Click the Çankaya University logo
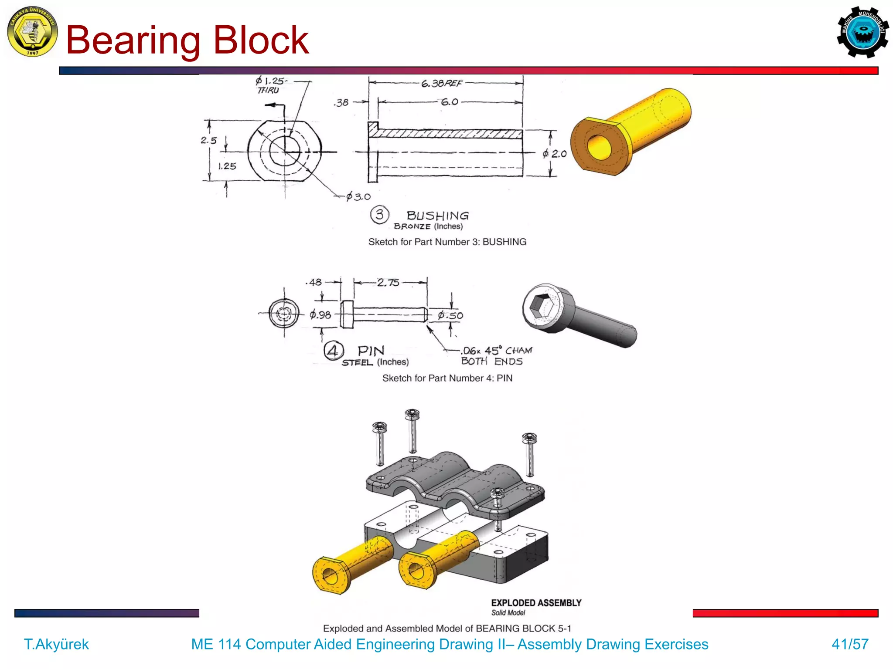pyautogui.click(x=32, y=31)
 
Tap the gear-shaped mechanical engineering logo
pyautogui.click(x=862, y=32)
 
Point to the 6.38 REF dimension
pyautogui.click(x=441, y=83)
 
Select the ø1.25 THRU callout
pyautogui.click(x=269, y=85)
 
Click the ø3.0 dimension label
pyautogui.click(x=358, y=197)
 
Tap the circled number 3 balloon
pyautogui.click(x=379, y=215)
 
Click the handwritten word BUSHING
pyautogui.click(x=437, y=216)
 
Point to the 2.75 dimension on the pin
pyautogui.click(x=388, y=283)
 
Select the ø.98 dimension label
pyautogui.click(x=320, y=314)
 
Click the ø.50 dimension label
pyautogui.click(x=450, y=315)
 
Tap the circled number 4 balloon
pyautogui.click(x=334, y=351)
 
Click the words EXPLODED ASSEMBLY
pyautogui.click(x=536, y=603)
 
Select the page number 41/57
pyautogui.click(x=849, y=644)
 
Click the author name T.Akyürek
pyautogui.click(x=56, y=644)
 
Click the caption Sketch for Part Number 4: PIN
pyautogui.click(x=447, y=378)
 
